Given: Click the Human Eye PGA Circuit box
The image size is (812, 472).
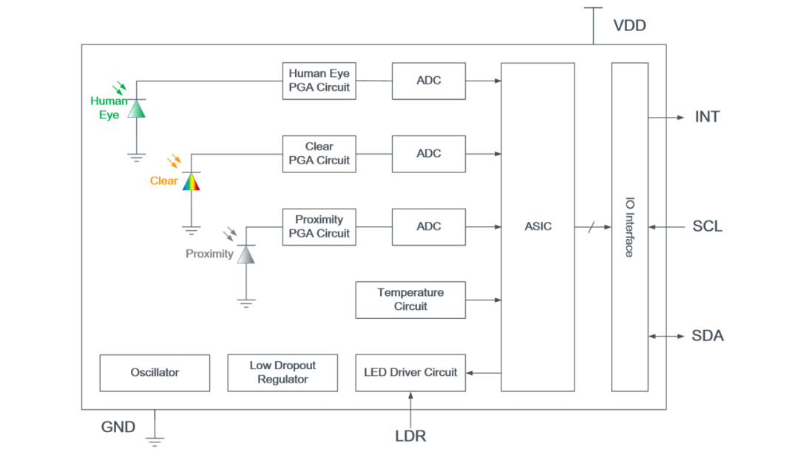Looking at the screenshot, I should point(319,81).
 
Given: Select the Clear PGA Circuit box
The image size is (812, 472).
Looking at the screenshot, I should point(319,154).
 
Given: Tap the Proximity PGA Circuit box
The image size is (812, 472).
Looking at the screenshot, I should point(319,226).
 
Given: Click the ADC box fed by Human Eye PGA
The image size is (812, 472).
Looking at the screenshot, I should point(428,81).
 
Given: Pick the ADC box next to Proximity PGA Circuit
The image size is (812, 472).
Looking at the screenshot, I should point(428,226).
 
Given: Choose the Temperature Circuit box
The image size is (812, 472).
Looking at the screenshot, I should point(410,300).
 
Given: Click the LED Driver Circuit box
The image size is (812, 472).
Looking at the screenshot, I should point(410,372).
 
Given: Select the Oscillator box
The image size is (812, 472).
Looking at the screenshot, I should point(155,372).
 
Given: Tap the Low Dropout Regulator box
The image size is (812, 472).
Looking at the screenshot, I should point(282,372).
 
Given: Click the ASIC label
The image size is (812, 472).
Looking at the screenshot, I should point(538,226).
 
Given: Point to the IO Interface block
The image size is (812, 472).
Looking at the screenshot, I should point(629,226).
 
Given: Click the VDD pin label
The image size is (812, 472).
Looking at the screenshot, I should point(629,26).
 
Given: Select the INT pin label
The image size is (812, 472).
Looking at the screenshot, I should point(707,117).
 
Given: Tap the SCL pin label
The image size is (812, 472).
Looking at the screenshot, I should point(707,226).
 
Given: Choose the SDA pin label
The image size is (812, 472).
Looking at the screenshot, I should point(707,336).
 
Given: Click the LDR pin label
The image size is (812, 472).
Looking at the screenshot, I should point(410,436).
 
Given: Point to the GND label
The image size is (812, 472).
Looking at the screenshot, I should point(118,427).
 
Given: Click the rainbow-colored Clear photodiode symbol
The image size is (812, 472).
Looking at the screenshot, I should point(192,181).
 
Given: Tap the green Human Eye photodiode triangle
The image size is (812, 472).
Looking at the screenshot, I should point(137,109).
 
